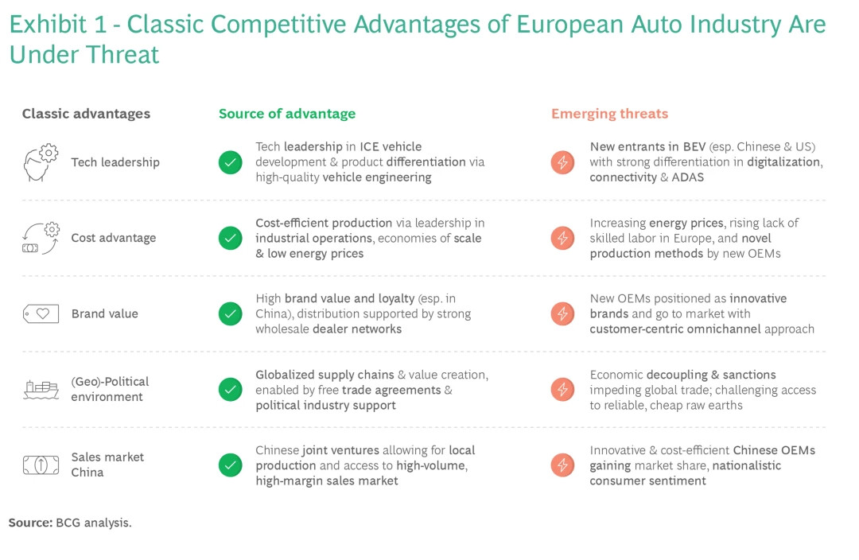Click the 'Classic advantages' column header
click(86, 114)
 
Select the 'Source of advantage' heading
click(287, 114)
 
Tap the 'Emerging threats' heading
click(610, 114)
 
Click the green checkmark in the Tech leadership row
click(230, 162)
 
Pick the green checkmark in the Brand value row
click(230, 314)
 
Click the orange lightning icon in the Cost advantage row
click(562, 239)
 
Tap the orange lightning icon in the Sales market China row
click(562, 465)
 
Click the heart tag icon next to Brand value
click(41, 314)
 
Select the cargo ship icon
click(41, 390)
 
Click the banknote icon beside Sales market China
click(41, 465)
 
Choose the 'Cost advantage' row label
click(114, 238)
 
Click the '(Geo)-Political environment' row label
click(110, 389)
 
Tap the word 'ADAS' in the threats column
click(687, 177)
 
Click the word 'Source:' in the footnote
click(30, 523)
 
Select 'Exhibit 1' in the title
click(58, 24)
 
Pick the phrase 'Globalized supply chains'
click(325, 375)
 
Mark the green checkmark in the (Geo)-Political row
click(230, 390)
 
